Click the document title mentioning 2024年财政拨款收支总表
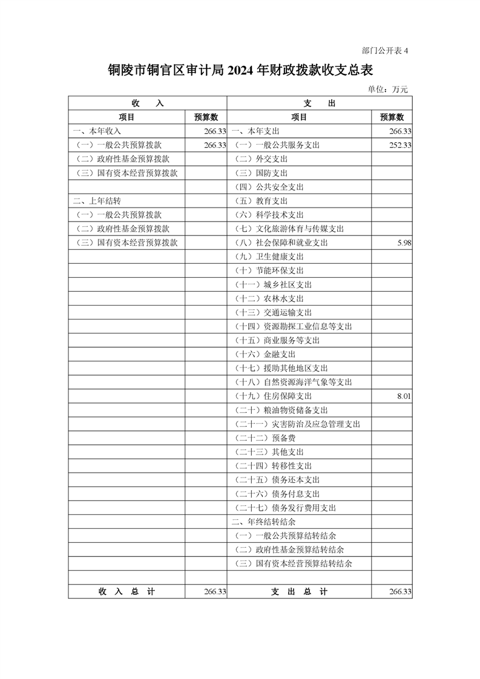click(240, 71)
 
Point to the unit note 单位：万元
click(388, 89)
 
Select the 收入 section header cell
click(147, 103)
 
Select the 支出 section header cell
click(319, 103)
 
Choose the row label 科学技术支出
click(269, 215)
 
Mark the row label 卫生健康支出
click(269, 257)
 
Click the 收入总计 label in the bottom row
click(127, 591)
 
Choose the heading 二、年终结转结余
click(263, 522)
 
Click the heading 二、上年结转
click(97, 201)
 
